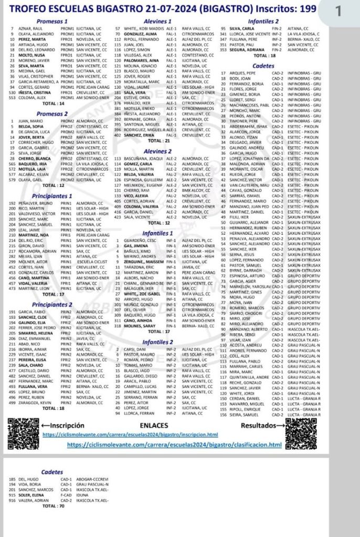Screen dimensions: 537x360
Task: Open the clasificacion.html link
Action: tap(175, 445)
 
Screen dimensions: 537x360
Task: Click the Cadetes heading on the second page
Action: tap(52, 472)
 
